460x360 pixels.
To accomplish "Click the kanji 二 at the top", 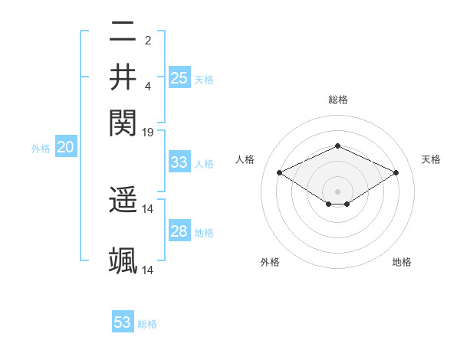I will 123,33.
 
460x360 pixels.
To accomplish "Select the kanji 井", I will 123,77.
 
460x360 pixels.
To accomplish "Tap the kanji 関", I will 123,121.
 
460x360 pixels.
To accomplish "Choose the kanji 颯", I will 123,261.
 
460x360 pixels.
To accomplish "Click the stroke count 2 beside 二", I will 148,41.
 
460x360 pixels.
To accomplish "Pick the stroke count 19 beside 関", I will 148,133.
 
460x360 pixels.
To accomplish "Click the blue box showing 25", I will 179,77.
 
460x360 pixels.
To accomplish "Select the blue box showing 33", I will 179,162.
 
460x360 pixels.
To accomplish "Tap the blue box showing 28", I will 179,231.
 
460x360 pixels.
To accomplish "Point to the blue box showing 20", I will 65,148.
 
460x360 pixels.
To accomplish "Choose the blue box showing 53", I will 123,322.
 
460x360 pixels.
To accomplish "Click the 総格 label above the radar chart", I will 337,100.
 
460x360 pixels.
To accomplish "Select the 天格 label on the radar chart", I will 431,159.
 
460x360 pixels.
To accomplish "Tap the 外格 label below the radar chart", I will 270,262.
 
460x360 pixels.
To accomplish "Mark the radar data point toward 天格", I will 396,172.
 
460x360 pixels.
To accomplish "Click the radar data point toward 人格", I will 279,172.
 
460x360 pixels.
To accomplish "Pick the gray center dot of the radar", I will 337,191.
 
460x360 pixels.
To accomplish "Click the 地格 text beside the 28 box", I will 204,232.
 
